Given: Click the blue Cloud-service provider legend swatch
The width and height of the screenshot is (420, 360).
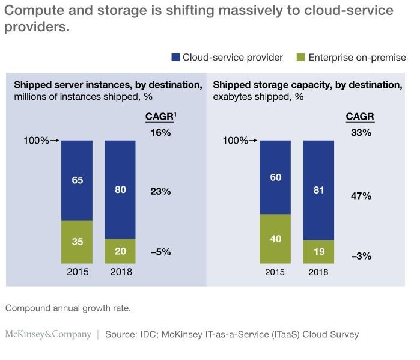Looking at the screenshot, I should coord(176,58).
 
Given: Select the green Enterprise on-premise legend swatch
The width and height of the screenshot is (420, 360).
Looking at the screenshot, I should coord(301,58).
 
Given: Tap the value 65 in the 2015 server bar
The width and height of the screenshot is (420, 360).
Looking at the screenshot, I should coord(77,180).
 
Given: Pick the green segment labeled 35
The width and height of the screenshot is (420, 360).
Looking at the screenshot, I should coord(77,242).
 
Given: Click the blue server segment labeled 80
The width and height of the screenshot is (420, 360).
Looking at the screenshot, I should coord(120,190).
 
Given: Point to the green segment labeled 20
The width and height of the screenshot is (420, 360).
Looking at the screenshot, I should coord(120,251).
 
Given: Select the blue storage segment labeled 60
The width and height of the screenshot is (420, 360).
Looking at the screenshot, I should coord(275,177).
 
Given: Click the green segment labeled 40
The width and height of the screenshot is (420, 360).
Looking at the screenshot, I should coord(275,239).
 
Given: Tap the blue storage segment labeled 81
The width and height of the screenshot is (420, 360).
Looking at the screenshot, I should coord(318,191).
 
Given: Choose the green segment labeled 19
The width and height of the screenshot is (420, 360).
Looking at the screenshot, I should coord(318,252).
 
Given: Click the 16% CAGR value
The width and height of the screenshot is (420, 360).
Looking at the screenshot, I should coord(160,132).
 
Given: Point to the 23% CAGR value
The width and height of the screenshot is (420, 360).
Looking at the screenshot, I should coord(160,192).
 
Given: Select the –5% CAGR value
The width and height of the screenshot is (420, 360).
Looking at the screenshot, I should coord(160,252).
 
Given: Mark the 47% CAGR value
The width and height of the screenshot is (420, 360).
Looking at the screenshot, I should coord(361,196).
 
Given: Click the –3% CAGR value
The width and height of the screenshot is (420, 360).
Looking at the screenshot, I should coord(361,256).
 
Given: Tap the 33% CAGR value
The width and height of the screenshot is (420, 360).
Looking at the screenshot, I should coord(361,132).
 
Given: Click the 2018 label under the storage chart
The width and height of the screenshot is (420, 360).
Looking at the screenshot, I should coord(318,272).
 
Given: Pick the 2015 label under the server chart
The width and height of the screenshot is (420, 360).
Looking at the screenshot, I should coord(77,272).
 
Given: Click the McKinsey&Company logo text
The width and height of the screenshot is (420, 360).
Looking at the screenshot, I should coord(47,334).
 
